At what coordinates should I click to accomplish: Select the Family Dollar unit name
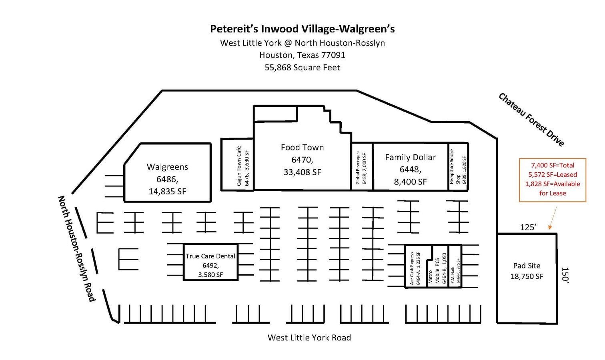410,157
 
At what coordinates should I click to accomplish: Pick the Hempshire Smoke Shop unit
458,167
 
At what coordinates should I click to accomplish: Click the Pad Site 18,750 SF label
527,271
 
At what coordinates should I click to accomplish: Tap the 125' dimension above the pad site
528,227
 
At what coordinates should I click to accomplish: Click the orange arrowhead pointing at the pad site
550,227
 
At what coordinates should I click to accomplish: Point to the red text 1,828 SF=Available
553,184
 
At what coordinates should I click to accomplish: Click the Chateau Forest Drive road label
531,120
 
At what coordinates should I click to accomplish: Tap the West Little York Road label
309,338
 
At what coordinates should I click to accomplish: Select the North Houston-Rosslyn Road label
77,248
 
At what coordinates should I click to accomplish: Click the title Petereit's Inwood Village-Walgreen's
302,29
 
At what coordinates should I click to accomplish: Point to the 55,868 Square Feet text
302,67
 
